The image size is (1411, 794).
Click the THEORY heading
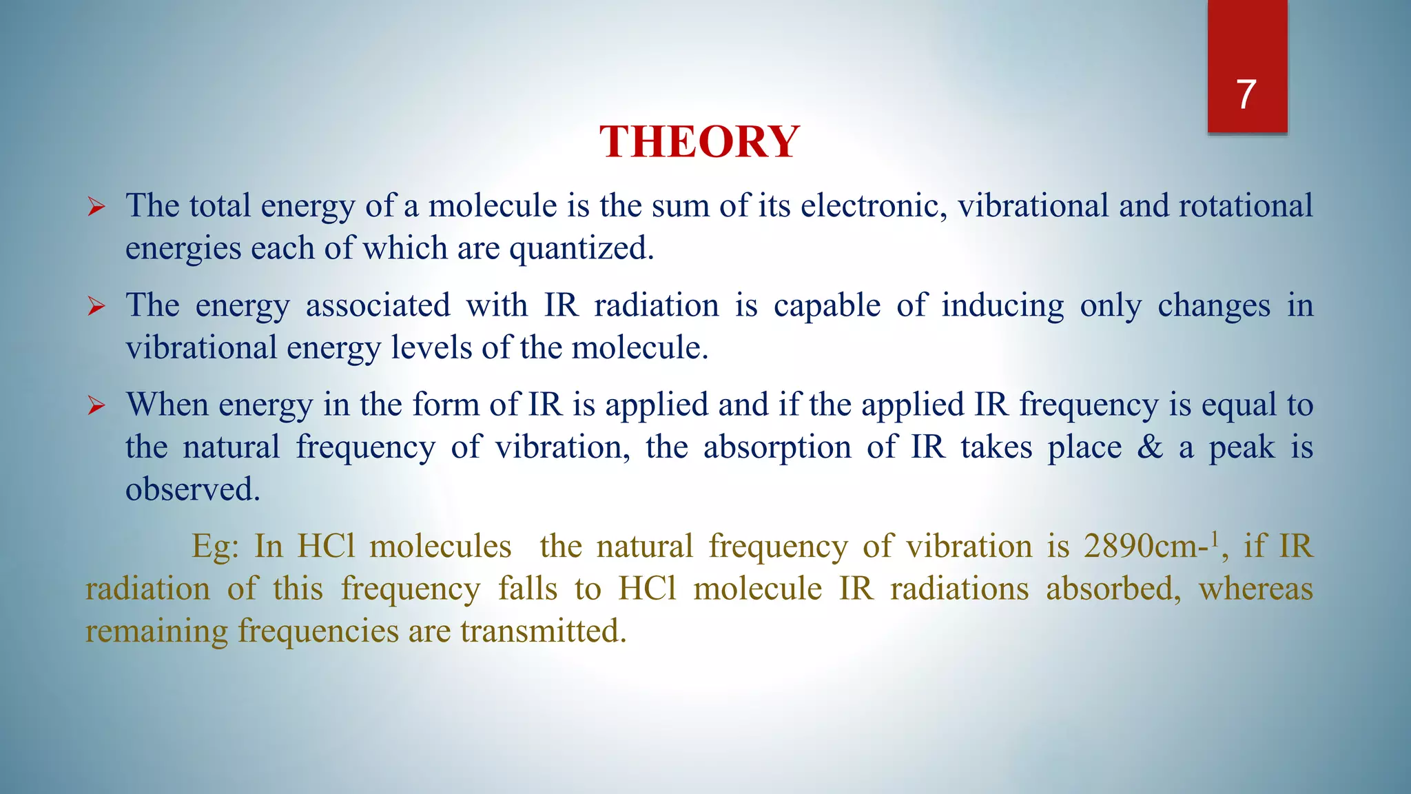699,142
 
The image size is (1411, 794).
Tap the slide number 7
1246,94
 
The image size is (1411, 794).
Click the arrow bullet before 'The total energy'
96,207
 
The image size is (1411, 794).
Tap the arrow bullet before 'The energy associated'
96,306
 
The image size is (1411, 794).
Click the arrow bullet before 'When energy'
96,405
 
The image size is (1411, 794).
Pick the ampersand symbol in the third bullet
1150,447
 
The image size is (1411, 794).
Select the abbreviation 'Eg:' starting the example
215,547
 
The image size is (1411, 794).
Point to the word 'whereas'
1255,589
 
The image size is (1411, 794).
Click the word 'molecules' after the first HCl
440,547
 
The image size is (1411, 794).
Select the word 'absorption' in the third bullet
777,447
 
